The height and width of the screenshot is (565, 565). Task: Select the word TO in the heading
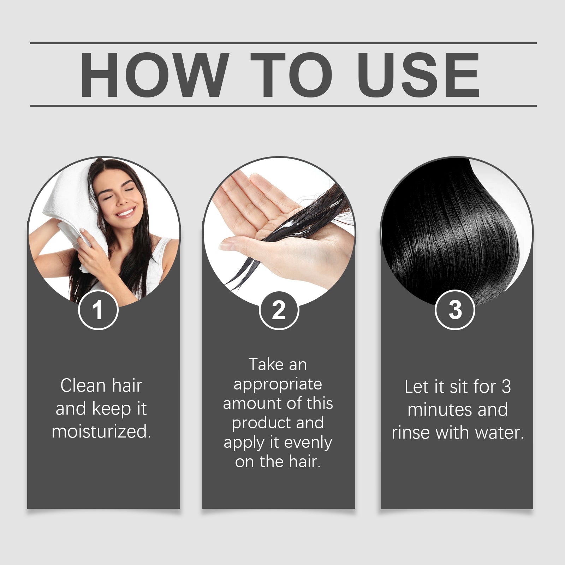[x=291, y=75]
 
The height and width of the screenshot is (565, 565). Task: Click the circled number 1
[x=98, y=310]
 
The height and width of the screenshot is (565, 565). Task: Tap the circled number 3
[x=455, y=310]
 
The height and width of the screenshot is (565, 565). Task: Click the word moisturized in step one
[x=101, y=432]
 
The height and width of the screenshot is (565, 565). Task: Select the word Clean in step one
[x=83, y=385]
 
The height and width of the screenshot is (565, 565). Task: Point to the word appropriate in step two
[x=278, y=384]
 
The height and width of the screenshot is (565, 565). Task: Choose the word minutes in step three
[x=440, y=410]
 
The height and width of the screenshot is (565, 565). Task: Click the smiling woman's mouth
[x=126, y=212]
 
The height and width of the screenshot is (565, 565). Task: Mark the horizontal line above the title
[x=282, y=43]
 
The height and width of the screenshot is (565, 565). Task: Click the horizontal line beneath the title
[x=282, y=106]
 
